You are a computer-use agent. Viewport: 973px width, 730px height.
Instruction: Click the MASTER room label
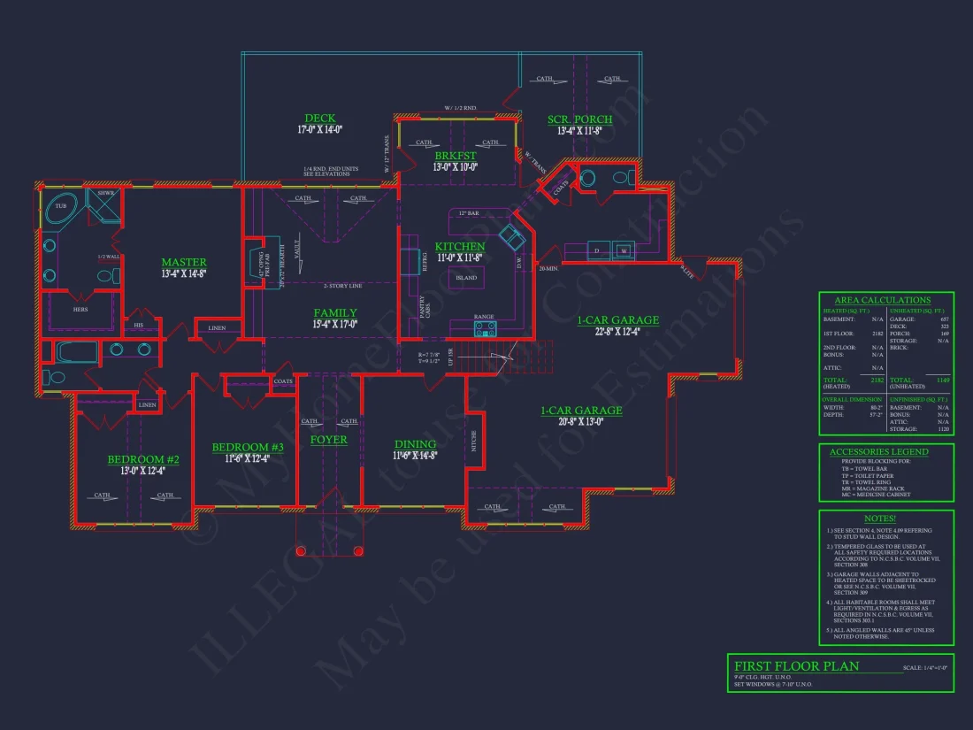click(x=184, y=262)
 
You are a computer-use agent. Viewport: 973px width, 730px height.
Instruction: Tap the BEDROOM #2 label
click(x=143, y=459)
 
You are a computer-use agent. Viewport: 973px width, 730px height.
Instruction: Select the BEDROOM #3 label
click(x=248, y=448)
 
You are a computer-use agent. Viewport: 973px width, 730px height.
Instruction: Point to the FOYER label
click(x=328, y=440)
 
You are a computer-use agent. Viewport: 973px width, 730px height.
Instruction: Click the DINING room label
click(x=415, y=444)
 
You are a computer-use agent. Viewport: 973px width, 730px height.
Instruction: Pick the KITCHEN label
click(x=460, y=246)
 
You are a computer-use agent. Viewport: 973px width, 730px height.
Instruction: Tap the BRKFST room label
click(x=456, y=154)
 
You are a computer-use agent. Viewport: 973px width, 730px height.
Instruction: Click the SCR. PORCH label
click(x=580, y=119)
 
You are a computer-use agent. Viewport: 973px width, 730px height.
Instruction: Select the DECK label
click(x=320, y=118)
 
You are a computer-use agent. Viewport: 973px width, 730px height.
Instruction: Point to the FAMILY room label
click(x=335, y=312)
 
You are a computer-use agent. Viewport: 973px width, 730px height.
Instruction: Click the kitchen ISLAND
click(x=466, y=278)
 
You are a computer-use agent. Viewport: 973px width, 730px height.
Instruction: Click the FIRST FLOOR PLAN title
click(x=796, y=666)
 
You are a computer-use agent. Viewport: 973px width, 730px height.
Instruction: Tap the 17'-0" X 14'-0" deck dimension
click(x=320, y=129)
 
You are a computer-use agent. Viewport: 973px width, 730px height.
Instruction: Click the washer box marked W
click(x=624, y=250)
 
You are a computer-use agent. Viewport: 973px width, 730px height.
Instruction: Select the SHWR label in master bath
click(x=106, y=193)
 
